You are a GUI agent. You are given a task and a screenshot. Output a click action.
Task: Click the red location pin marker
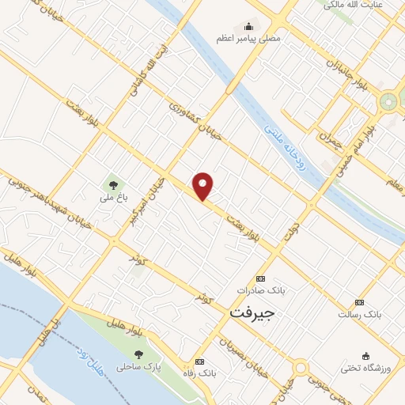pyautogui.click(x=203, y=185)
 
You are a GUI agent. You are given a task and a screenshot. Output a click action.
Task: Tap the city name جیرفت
pyautogui.click(x=252, y=313)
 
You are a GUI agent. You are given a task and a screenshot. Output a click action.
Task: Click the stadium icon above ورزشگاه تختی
pyautogui.click(x=365, y=356)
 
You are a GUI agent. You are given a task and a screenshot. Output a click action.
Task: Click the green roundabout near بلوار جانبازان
pyautogui.click(x=388, y=101)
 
